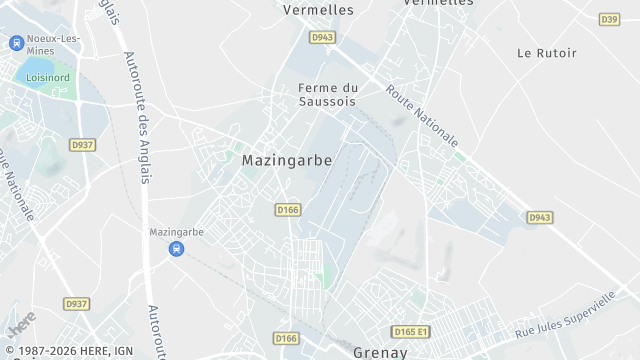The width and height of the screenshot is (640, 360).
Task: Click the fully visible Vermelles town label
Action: tap(319, 9)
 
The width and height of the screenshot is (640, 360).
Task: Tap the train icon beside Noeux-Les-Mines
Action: tap(16, 42)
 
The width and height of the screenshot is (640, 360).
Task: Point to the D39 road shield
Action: tap(609, 19)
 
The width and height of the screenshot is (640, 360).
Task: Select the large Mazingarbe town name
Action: tap(287, 160)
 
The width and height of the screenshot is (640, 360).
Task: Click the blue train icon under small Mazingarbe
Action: tap(176, 249)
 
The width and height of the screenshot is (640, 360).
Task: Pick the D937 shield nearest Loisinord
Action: tap(82, 145)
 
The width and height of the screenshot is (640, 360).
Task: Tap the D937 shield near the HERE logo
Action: tap(76, 303)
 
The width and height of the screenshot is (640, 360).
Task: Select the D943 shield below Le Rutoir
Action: tap(540, 217)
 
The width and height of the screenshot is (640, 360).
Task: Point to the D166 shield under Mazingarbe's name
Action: tap(288, 209)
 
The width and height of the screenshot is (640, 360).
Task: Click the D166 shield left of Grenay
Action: tap(286, 338)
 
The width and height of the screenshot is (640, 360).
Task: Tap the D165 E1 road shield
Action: tap(410, 331)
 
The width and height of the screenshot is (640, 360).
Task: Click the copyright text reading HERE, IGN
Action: tap(67, 352)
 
